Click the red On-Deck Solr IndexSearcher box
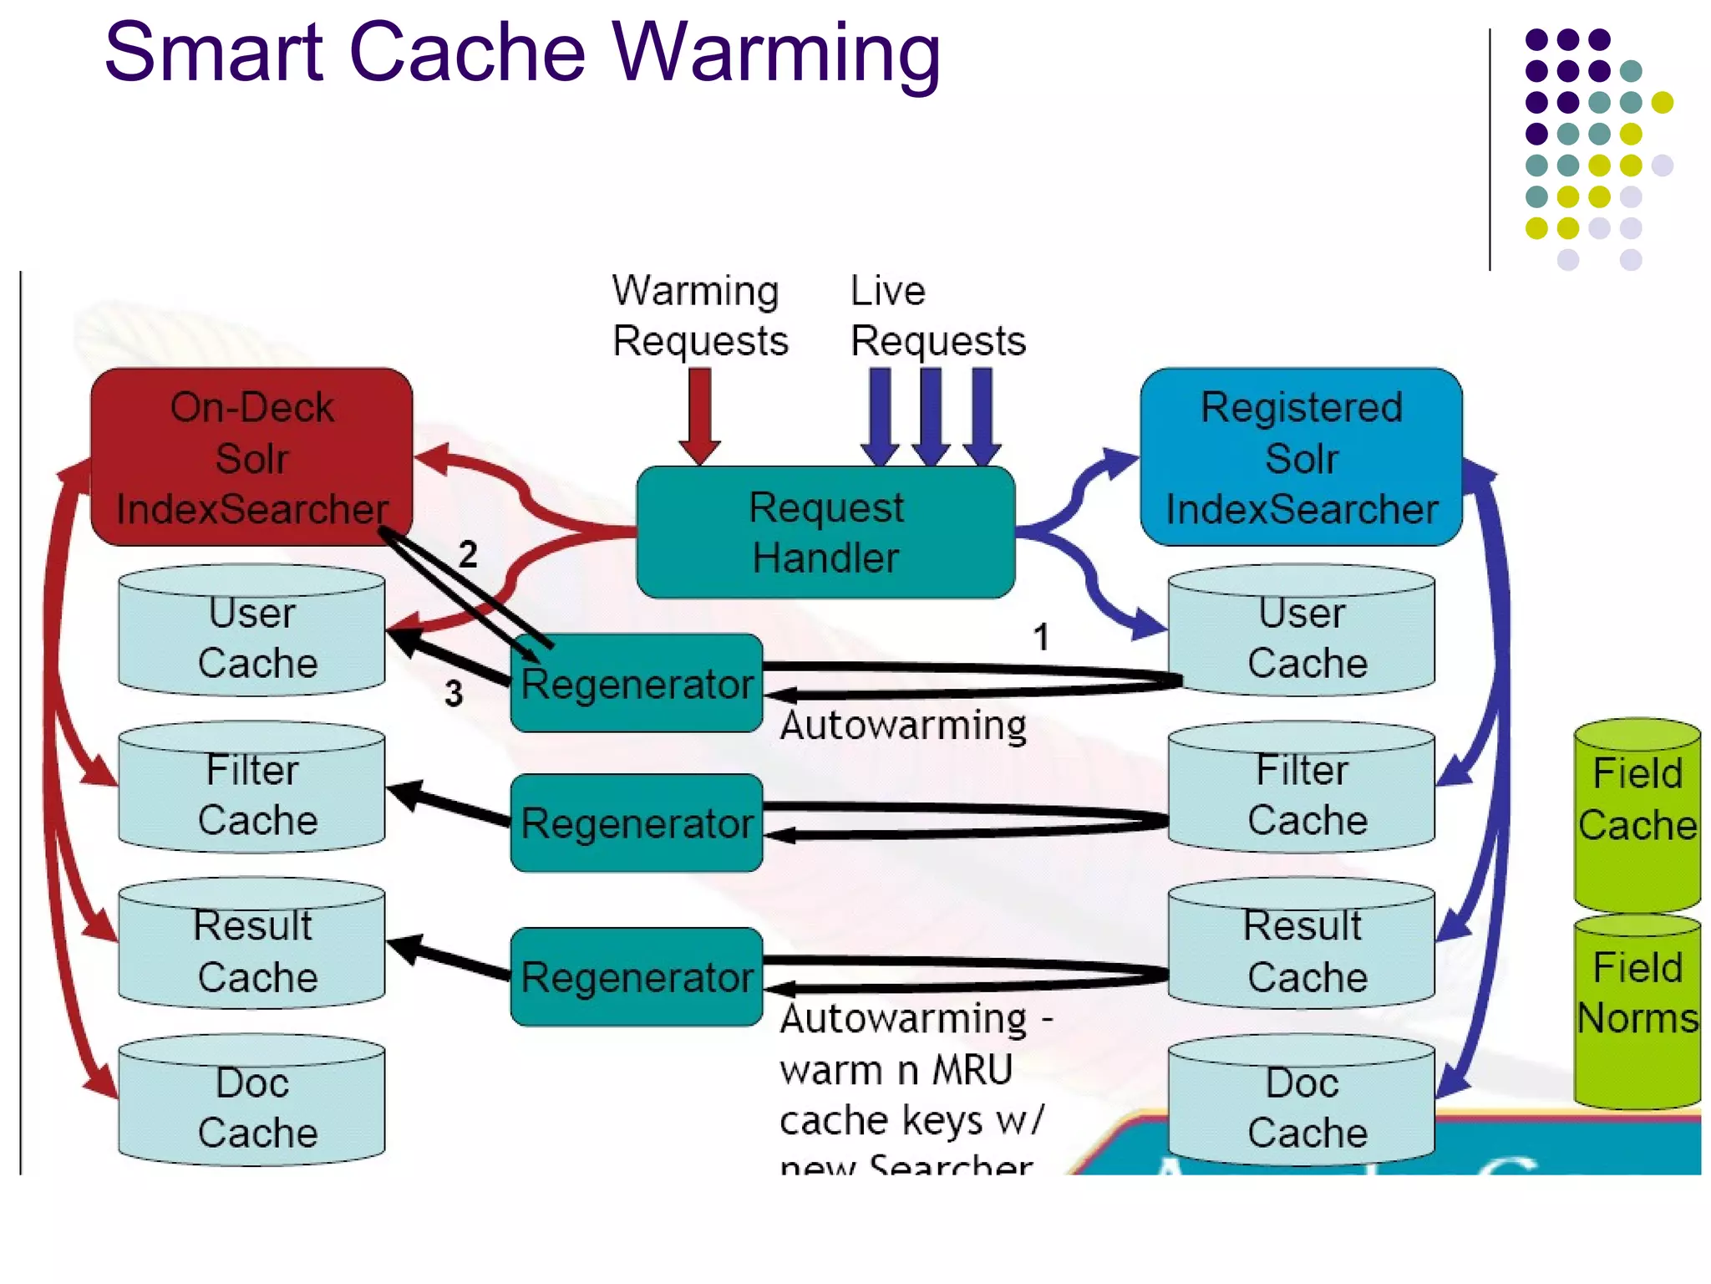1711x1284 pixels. click(x=251, y=456)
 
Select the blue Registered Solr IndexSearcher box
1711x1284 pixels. click(x=1300, y=456)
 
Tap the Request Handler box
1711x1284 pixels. click(x=825, y=532)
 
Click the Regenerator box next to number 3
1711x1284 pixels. click(x=637, y=684)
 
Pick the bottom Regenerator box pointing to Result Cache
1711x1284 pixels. click(x=637, y=976)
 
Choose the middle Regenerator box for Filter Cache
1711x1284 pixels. click(x=637, y=823)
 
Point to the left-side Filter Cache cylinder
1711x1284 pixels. click(x=252, y=789)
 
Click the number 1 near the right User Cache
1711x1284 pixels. click(x=1040, y=637)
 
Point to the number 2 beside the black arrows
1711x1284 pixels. click(x=468, y=554)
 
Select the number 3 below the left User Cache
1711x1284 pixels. click(x=453, y=693)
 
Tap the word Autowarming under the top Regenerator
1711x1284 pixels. click(x=902, y=726)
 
